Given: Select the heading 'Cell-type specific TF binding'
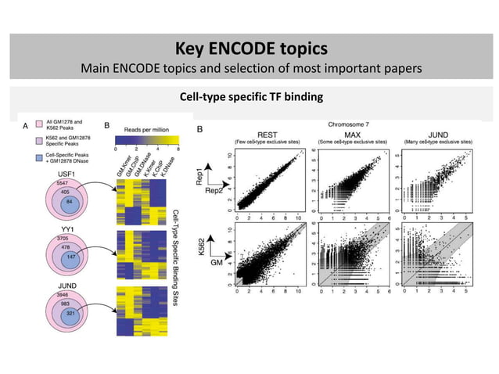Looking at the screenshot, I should click(x=249, y=99).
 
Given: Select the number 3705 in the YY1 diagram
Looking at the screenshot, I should click(x=56, y=239).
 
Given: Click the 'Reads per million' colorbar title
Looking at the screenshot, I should click(x=147, y=130).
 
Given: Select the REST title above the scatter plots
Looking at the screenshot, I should click(x=253, y=134).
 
